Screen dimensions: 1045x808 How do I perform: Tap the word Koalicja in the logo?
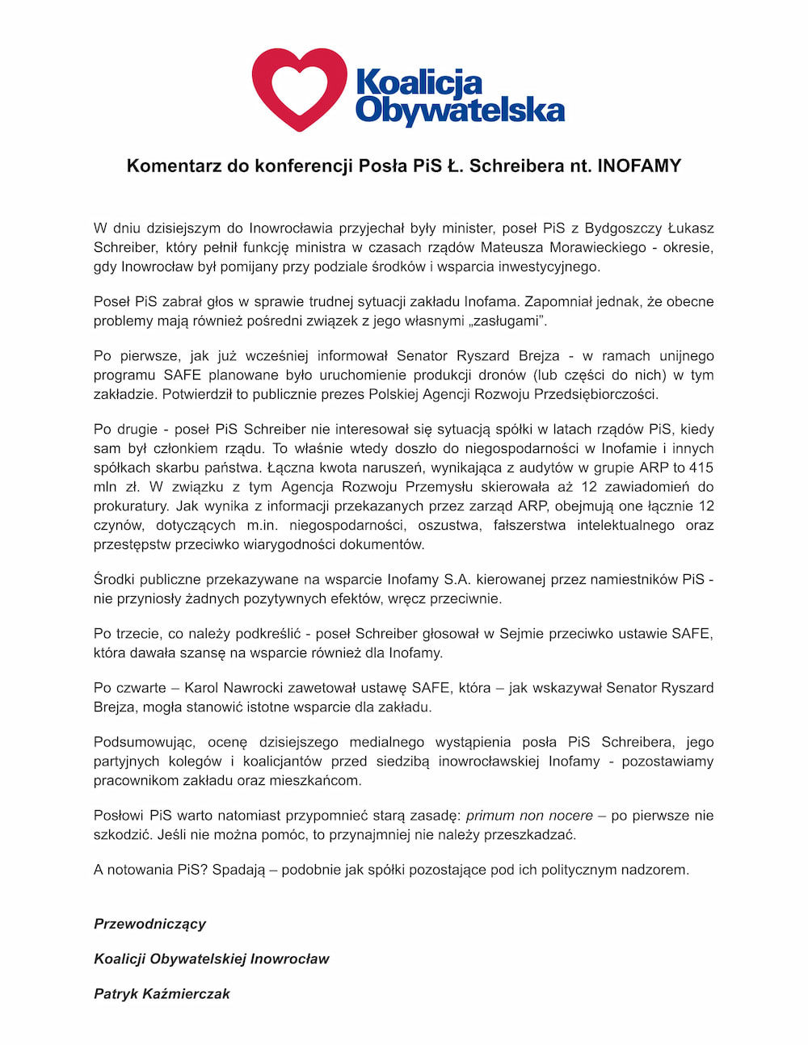(x=419, y=82)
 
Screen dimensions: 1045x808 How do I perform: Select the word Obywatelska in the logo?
(x=459, y=110)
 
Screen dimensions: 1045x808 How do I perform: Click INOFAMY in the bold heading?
(x=639, y=166)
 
